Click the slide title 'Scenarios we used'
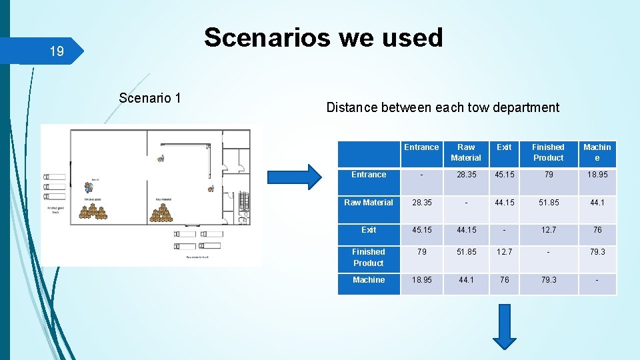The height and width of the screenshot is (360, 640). pos(323,38)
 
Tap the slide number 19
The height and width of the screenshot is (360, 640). pos(57,51)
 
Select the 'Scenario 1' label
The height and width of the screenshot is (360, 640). pos(150,98)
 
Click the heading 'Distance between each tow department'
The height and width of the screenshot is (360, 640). pos(443,107)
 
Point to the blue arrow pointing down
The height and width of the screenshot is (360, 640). pos(504,326)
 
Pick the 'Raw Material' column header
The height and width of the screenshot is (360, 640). pos(465,153)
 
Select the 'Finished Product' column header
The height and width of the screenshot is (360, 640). pos(548,153)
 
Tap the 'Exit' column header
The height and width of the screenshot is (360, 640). pos(504,147)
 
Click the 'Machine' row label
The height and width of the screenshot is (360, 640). pos(369,280)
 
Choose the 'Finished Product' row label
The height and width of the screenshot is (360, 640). pos(369,257)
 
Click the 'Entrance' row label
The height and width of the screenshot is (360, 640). pos(369,175)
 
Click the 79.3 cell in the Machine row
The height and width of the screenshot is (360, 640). pos(548,280)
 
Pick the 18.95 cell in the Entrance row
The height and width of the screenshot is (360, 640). pos(597,175)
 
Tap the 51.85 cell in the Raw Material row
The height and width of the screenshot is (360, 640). pos(548,203)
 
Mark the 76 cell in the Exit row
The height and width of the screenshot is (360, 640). pos(597,230)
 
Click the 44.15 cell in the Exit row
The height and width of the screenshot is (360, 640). pos(465,230)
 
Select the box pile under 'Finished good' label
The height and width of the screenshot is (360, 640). pos(93,211)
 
